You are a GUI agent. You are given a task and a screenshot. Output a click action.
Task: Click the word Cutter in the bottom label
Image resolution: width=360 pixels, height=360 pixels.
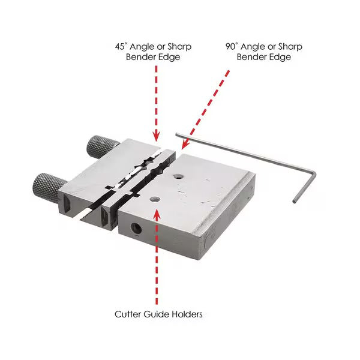coord(128,313)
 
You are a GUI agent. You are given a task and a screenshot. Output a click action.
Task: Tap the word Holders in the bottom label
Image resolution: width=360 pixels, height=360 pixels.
coord(187,313)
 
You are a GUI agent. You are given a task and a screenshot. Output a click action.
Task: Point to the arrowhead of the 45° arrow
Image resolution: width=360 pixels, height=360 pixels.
coord(156,137)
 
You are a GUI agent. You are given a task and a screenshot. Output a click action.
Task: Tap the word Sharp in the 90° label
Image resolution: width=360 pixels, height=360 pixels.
coord(290,46)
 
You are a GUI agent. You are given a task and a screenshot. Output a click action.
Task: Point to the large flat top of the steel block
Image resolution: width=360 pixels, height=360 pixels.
coord(204,192)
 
